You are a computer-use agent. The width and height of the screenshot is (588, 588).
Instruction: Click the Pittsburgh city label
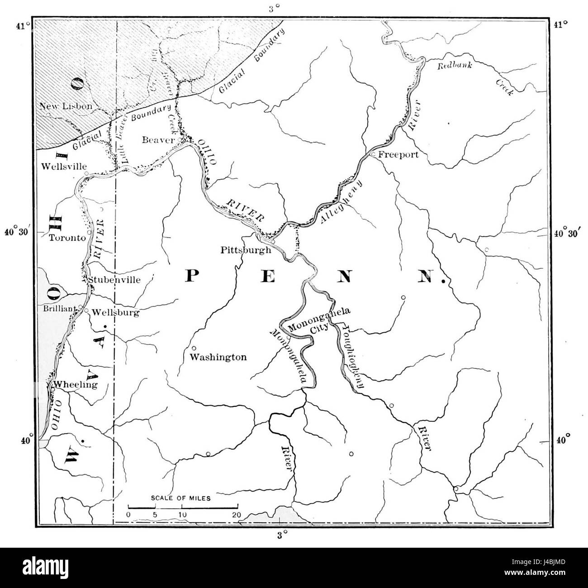[246, 250]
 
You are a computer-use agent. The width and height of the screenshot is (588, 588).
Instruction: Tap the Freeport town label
[398, 154]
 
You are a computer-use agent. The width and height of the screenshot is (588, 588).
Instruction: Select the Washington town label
[218, 357]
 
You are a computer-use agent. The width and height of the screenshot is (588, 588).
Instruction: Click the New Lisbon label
[66, 106]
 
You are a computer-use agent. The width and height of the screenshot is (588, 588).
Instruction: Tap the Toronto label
[67, 238]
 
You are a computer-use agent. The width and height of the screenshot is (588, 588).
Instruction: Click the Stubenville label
[114, 280]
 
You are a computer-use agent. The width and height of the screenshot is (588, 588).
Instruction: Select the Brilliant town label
[61, 309]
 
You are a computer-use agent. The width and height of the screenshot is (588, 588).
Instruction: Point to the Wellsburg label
[115, 312]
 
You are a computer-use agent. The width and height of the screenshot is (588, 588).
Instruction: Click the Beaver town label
[158, 140]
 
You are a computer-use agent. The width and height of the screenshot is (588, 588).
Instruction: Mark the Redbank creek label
[455, 65]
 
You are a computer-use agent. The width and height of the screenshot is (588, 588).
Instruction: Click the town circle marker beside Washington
[194, 348]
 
